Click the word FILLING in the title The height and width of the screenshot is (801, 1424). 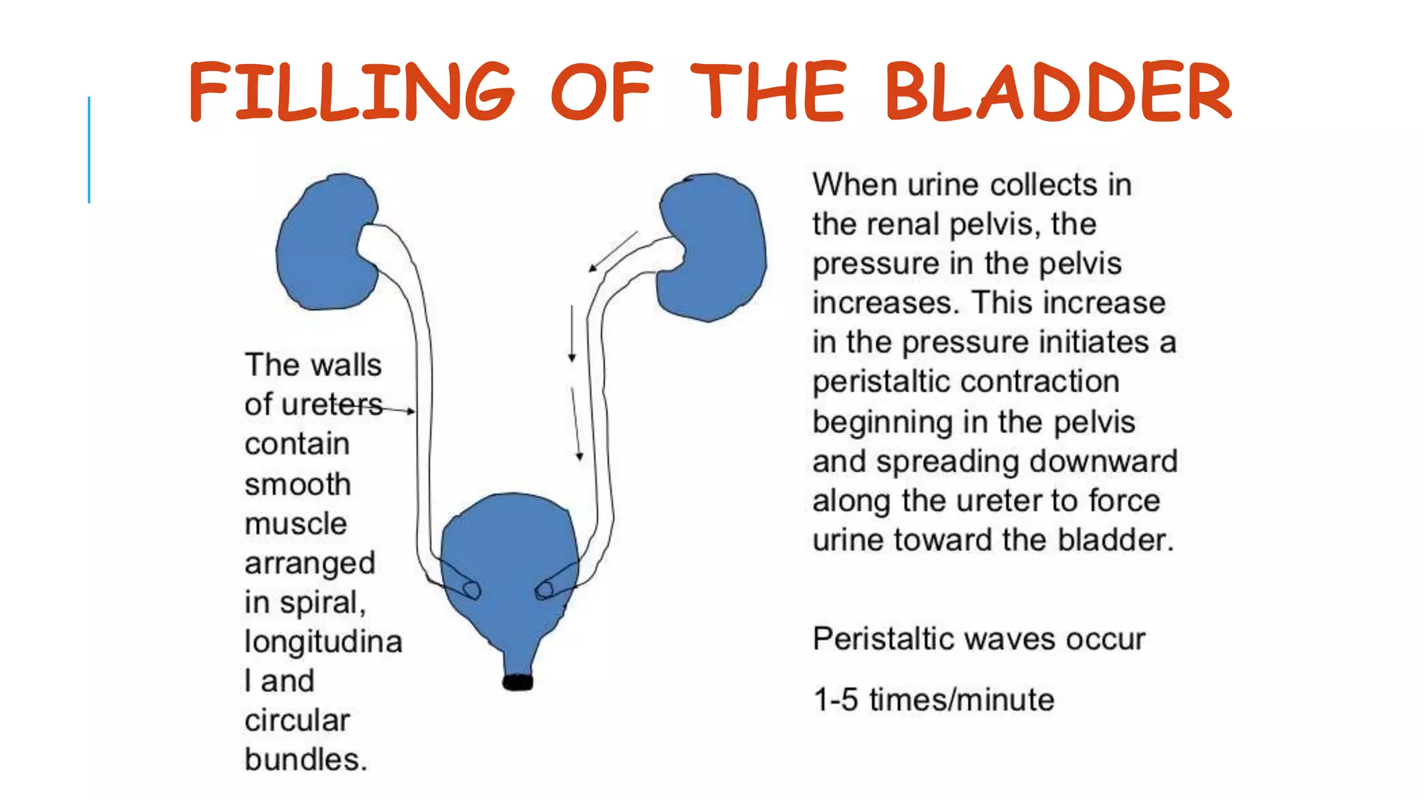tap(351, 92)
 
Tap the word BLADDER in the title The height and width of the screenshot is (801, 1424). tap(1058, 92)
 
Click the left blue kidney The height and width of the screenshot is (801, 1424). tap(323, 243)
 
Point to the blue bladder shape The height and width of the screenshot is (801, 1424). tap(511, 556)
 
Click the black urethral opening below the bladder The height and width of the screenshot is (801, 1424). tap(517, 682)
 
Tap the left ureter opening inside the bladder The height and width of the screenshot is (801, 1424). tap(472, 590)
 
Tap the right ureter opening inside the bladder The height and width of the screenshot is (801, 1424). tap(544, 590)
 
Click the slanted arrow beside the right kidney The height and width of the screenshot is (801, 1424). tap(613, 252)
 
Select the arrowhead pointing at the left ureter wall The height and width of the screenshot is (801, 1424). tap(411, 412)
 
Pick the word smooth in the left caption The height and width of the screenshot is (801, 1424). tap(298, 485)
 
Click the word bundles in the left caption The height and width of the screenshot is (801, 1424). tap(305, 760)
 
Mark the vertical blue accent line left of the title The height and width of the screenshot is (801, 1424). tap(89, 149)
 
